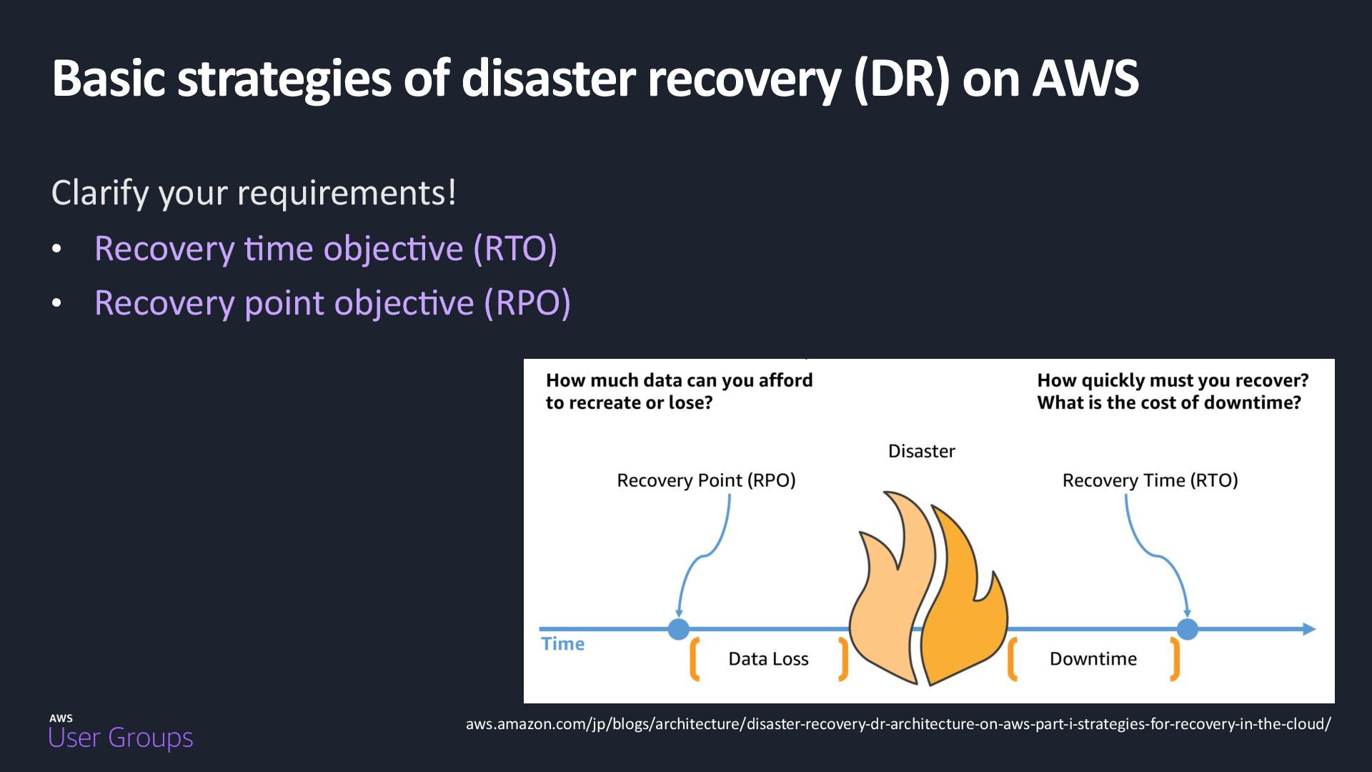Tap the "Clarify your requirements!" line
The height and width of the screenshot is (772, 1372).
pos(254,193)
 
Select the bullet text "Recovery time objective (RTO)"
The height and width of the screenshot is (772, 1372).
pos(325,249)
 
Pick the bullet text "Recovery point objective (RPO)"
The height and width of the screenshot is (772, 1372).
pos(332,303)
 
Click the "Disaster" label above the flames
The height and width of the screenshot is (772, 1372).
pos(921,451)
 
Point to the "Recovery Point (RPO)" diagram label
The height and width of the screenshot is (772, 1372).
pos(706,480)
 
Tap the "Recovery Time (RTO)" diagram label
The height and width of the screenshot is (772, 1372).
pos(1150,480)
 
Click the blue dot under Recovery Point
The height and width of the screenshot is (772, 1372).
pos(678,629)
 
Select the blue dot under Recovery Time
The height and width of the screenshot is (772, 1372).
pos(1187,629)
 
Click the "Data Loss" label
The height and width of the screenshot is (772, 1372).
pos(768,659)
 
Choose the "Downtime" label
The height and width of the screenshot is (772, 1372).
pos(1093,659)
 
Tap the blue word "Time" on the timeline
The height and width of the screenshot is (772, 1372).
pos(562,644)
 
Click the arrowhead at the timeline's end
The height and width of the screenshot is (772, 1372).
pos(1309,629)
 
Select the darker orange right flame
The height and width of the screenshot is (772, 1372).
pos(965,608)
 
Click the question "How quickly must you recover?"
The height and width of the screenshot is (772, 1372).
pos(1173,380)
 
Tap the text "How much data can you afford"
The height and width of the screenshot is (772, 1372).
pos(679,380)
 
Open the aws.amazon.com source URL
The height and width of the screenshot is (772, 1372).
pos(898,724)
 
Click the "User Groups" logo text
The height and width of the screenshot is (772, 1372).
pos(121,738)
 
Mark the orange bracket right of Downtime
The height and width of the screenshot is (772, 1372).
pos(1175,659)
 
